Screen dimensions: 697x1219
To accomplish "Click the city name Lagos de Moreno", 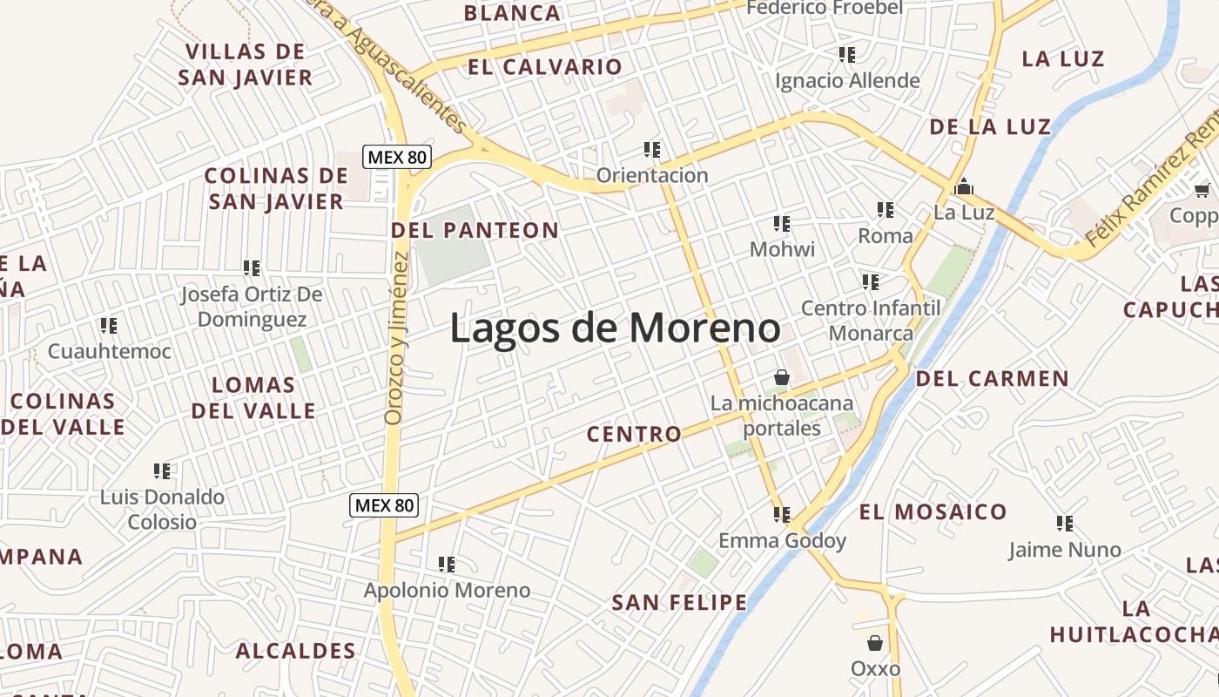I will [x=615, y=328].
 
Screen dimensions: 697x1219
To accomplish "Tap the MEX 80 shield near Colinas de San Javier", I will [x=397, y=158].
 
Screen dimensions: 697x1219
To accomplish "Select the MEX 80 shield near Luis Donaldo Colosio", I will [x=384, y=504].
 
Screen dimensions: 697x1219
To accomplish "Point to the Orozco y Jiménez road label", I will [x=396, y=339].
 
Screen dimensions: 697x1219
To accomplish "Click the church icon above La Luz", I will [x=964, y=186].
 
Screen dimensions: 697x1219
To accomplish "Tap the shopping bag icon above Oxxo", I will [x=875, y=643].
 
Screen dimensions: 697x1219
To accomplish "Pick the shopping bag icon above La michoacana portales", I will [x=782, y=377].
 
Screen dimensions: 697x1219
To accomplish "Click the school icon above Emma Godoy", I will [x=782, y=515].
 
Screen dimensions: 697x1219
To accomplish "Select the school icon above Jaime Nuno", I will [x=1065, y=524].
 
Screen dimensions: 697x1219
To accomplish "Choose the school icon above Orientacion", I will [x=652, y=149].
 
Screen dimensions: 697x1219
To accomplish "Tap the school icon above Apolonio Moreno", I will [x=447, y=565].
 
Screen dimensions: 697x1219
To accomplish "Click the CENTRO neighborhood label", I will [x=634, y=434].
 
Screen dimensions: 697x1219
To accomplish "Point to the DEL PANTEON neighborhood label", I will [x=475, y=230].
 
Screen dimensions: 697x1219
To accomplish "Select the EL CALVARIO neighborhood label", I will [x=545, y=67].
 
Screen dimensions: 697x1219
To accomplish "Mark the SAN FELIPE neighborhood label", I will [x=679, y=602].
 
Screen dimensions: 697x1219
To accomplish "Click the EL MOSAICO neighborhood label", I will [x=933, y=511].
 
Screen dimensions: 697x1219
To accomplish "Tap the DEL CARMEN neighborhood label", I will [x=992, y=378].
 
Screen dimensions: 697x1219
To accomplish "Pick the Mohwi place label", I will [x=782, y=250].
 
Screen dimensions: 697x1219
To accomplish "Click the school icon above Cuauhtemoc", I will [x=109, y=326].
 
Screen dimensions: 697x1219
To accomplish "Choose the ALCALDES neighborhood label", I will [x=296, y=651].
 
